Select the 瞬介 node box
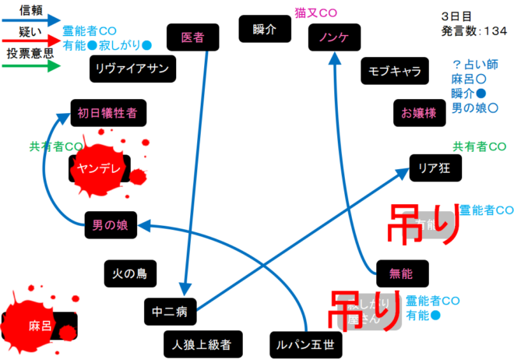[x=265, y=30]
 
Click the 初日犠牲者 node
[x=107, y=112]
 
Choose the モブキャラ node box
[x=395, y=72]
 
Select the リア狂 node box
[x=436, y=167]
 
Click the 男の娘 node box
[x=111, y=226]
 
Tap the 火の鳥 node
[x=129, y=274]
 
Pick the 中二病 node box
[x=171, y=311]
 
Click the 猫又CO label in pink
[x=315, y=13]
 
